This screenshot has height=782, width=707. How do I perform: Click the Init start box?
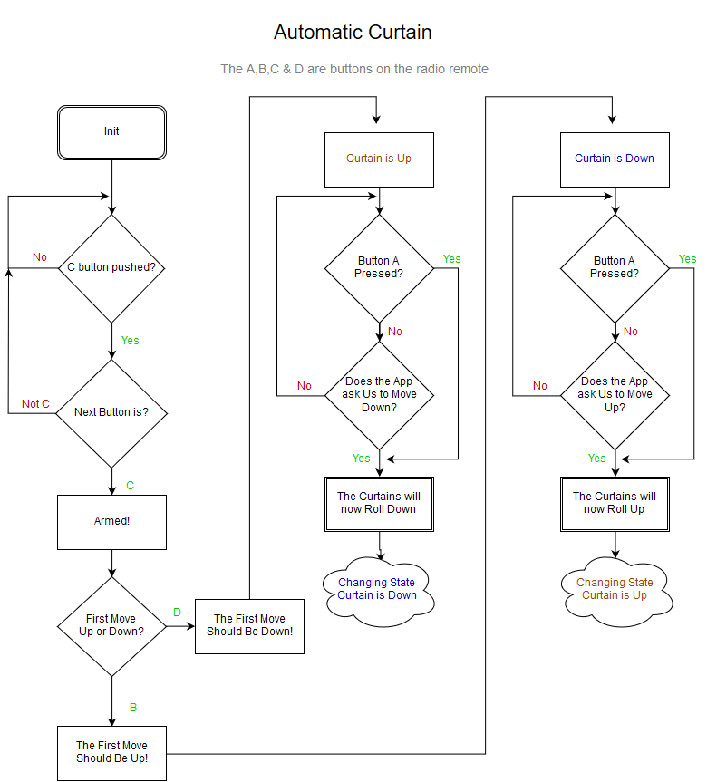pyautogui.click(x=111, y=132)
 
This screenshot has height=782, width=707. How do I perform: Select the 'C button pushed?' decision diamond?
pyautogui.click(x=111, y=268)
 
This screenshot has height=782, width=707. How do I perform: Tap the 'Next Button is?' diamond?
pyautogui.click(x=111, y=413)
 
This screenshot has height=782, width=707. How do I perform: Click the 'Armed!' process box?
pyautogui.click(x=111, y=522)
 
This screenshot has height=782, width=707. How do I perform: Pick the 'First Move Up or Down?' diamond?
pyautogui.click(x=111, y=625)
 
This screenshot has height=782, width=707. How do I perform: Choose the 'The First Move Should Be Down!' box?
pyautogui.click(x=249, y=625)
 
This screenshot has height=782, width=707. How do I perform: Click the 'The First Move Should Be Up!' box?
pyautogui.click(x=111, y=752)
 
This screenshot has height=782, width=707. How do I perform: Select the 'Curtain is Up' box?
pyautogui.click(x=379, y=159)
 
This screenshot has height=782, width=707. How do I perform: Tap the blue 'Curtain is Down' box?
pyautogui.click(x=615, y=159)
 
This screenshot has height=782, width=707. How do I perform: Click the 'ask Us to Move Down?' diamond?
pyautogui.click(x=379, y=395)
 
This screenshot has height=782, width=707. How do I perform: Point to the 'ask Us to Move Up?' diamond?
pyautogui.click(x=615, y=395)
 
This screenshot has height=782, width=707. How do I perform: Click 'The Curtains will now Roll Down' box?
pyautogui.click(x=379, y=503)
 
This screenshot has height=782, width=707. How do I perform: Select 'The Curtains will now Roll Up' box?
pyautogui.click(x=615, y=503)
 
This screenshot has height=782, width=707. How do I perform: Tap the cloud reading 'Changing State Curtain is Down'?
pyautogui.click(x=377, y=589)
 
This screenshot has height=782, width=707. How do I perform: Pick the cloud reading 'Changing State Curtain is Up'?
pyautogui.click(x=615, y=589)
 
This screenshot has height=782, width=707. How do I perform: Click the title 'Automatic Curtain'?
pyautogui.click(x=353, y=33)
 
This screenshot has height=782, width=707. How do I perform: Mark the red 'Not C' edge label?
pyautogui.click(x=36, y=404)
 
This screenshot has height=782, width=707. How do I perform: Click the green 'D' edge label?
pyautogui.click(x=178, y=613)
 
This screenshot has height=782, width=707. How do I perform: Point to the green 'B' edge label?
pyautogui.click(x=132, y=707)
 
